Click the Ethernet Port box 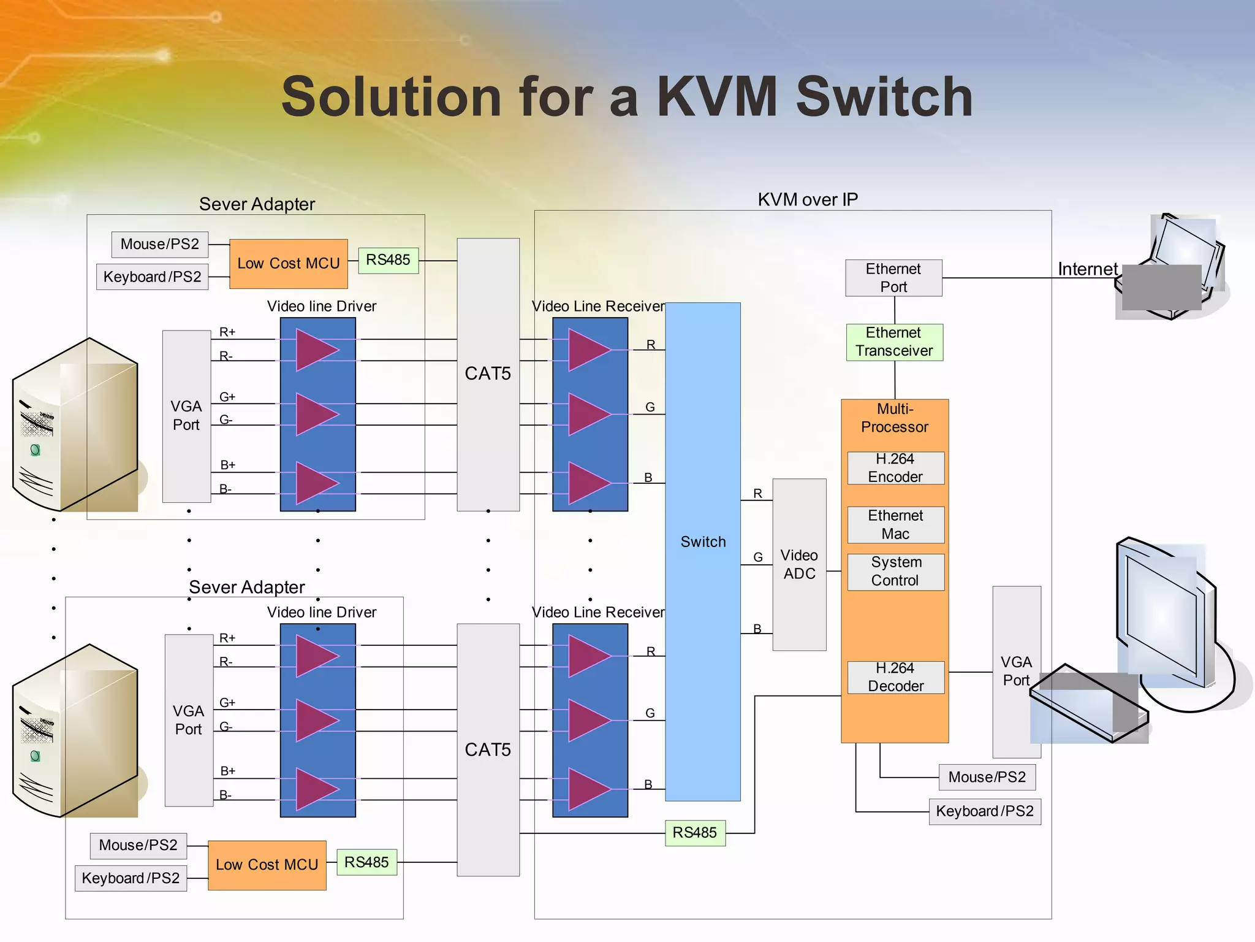click(x=893, y=278)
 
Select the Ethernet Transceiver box click(x=894, y=342)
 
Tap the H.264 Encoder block click(x=895, y=468)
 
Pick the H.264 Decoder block click(x=895, y=677)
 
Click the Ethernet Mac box click(x=895, y=524)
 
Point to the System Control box click(x=895, y=572)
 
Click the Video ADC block click(x=799, y=564)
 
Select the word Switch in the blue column click(x=703, y=542)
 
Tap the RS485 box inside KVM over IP click(x=695, y=833)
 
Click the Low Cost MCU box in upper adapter click(x=288, y=264)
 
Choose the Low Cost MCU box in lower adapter click(x=267, y=865)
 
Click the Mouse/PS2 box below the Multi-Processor click(x=987, y=777)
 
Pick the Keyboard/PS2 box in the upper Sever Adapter click(x=152, y=277)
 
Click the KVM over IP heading click(x=808, y=199)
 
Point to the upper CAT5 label click(x=488, y=373)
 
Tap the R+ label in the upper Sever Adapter click(x=227, y=332)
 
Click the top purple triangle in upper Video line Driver click(x=316, y=350)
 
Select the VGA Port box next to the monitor click(x=1016, y=672)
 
